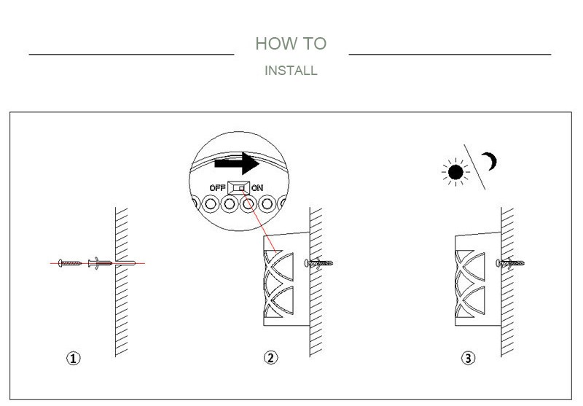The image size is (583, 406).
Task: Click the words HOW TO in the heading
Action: point(291,44)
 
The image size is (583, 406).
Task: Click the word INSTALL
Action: point(291,71)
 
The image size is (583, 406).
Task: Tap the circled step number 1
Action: point(74,358)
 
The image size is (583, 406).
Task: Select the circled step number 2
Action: point(270,358)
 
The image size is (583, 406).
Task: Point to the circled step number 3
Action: point(468,358)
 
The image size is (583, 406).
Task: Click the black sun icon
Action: point(456,172)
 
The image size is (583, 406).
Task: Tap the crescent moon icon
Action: point(493,162)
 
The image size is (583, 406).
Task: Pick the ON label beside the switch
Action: point(257,188)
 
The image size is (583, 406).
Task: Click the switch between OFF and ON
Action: point(238,188)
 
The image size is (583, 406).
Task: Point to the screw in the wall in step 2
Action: point(320,262)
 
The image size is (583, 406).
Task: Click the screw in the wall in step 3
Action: point(509,262)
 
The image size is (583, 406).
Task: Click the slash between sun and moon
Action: point(475,167)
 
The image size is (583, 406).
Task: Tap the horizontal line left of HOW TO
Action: point(131,54)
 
